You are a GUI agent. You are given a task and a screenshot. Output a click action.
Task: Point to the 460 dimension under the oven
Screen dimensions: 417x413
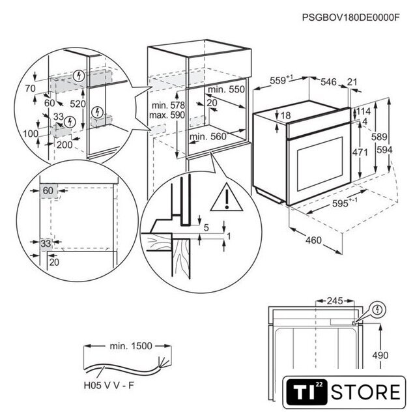point(313,241)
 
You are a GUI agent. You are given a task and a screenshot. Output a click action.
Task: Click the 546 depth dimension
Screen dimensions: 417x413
point(328,81)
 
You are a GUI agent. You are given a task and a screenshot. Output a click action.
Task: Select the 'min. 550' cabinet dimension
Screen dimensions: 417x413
point(227,89)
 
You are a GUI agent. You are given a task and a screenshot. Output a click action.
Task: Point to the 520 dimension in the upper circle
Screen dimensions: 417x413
point(78,104)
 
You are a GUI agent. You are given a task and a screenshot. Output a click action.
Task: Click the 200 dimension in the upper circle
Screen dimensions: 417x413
point(64,145)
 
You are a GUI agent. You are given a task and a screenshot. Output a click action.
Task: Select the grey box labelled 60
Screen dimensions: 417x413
point(48,190)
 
